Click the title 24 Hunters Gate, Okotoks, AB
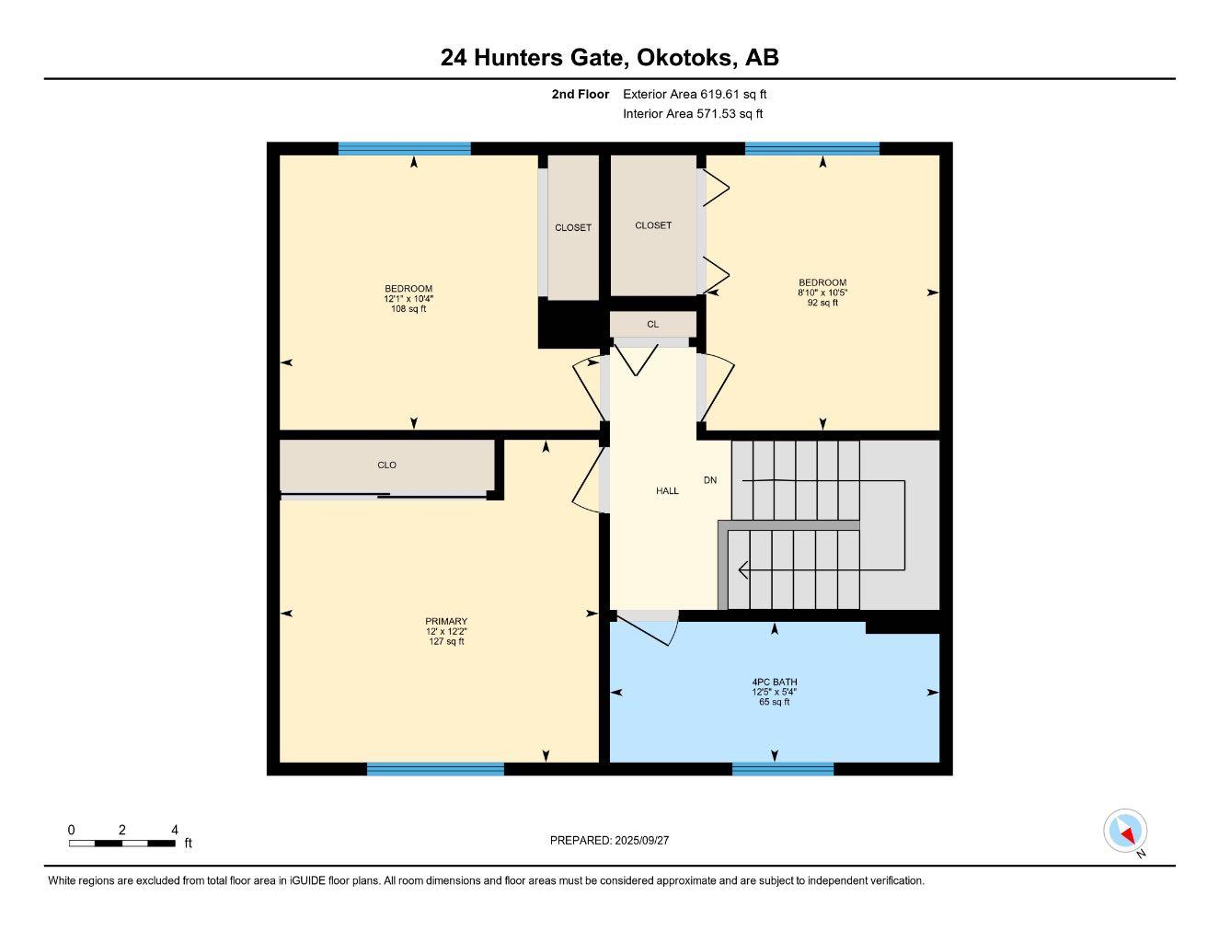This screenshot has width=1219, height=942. (609, 57)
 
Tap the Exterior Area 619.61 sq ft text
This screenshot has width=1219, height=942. (695, 94)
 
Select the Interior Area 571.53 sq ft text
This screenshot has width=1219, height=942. (693, 114)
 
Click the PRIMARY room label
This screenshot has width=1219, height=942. (446, 621)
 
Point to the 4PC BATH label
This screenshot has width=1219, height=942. (775, 683)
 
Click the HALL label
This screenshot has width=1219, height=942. (667, 491)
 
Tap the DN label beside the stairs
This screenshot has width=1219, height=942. (710, 480)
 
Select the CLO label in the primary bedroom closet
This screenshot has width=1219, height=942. (387, 465)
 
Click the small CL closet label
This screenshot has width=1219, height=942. (652, 325)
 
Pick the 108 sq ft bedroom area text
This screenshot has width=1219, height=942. (408, 309)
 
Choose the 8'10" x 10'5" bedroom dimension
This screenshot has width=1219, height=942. (822, 293)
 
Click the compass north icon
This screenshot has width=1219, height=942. (1125, 832)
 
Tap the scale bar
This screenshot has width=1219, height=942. (121, 843)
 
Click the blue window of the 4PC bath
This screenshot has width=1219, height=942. (783, 769)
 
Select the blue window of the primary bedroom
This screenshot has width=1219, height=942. (435, 769)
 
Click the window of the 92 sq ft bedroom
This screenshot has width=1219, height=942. (812, 148)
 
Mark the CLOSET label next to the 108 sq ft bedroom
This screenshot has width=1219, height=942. (573, 228)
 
